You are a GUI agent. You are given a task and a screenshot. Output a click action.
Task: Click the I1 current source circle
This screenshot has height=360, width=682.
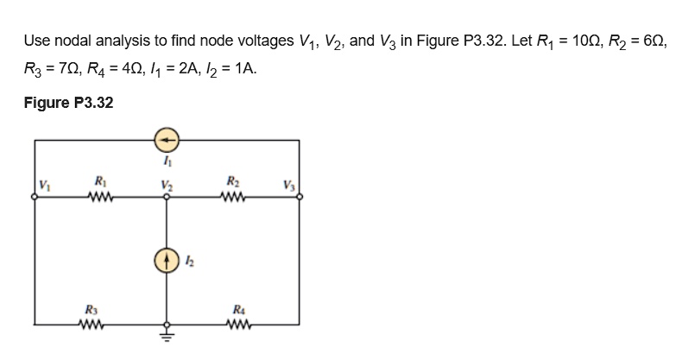(167, 138)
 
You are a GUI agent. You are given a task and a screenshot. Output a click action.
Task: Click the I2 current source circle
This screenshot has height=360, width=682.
(167, 260)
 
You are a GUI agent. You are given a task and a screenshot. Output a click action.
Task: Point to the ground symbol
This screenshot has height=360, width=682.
(167, 337)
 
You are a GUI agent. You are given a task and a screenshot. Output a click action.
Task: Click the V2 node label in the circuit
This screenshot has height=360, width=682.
(166, 183)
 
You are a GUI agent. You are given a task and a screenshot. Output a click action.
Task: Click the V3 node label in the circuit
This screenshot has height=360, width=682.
(287, 183)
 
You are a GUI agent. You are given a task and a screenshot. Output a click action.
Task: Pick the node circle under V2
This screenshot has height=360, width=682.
(167, 197)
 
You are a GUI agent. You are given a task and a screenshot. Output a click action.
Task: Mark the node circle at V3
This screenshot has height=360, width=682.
(300, 197)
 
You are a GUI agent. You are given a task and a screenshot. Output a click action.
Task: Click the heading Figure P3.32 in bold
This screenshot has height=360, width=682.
(68, 103)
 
